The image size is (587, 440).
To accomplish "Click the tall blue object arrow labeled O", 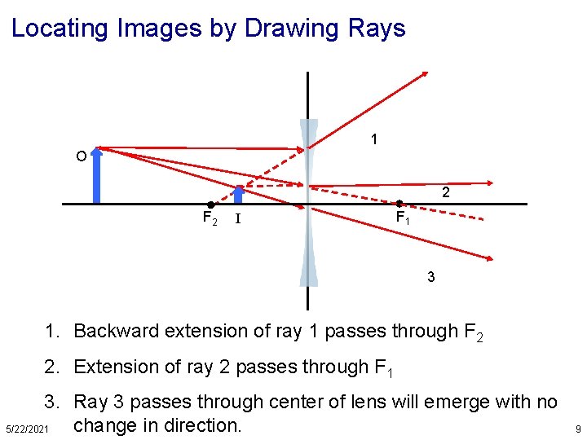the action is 97,174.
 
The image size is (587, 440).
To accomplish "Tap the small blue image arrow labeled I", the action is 239,195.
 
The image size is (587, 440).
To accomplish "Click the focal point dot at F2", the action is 210,204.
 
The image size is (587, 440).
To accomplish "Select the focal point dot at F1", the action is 399,204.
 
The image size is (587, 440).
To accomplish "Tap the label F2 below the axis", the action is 210,218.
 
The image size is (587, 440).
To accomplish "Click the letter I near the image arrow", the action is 237,218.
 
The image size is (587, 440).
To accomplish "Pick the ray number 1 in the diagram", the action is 373,139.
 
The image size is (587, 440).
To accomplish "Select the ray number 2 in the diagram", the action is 445,193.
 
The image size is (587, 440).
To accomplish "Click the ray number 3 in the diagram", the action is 430,277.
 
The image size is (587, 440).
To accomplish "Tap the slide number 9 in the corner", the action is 576,429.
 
